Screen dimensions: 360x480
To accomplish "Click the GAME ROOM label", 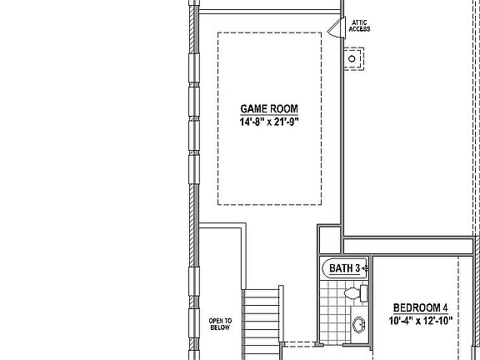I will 268,109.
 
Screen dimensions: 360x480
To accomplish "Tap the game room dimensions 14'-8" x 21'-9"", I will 268,122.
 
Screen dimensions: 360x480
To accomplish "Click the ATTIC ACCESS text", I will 360,26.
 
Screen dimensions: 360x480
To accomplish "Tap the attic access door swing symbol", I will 335,29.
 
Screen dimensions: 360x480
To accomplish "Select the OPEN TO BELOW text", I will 221,324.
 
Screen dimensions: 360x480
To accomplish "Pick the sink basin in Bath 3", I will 359,324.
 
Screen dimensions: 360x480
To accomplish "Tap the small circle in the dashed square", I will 353,57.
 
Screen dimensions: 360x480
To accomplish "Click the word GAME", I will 253,109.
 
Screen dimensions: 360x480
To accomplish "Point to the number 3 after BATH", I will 357,268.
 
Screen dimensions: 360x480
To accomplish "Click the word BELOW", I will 221,328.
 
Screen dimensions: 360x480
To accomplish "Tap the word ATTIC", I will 360,22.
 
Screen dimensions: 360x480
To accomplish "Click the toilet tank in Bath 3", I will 364,293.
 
